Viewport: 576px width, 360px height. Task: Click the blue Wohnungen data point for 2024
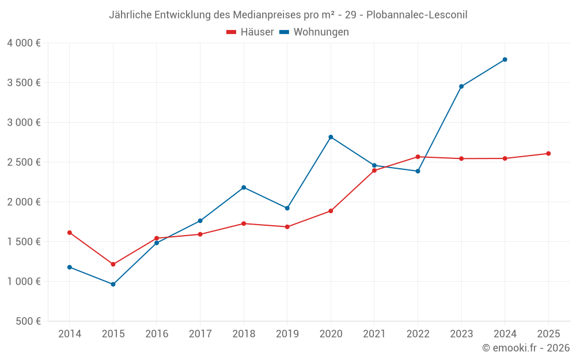[505, 59]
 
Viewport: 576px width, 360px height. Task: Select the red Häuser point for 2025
[548, 153]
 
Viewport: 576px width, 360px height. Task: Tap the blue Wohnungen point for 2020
[331, 137]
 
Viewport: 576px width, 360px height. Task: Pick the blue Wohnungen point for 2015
[113, 284]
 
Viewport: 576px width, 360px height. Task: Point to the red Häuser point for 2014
[70, 233]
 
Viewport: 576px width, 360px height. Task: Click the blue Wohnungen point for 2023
[461, 86]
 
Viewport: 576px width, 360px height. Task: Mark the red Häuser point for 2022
[418, 157]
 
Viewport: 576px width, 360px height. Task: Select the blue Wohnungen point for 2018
[244, 187]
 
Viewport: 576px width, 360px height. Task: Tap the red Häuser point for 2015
[113, 264]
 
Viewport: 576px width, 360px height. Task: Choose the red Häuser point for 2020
[331, 211]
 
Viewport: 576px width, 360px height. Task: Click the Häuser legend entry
[250, 32]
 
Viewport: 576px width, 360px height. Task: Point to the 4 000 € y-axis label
[24, 43]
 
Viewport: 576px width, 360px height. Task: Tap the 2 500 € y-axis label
[24, 162]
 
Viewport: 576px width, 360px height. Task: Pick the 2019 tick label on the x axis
[287, 334]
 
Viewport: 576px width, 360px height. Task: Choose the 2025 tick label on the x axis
[548, 334]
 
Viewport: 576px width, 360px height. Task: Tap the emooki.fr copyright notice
[526, 348]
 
